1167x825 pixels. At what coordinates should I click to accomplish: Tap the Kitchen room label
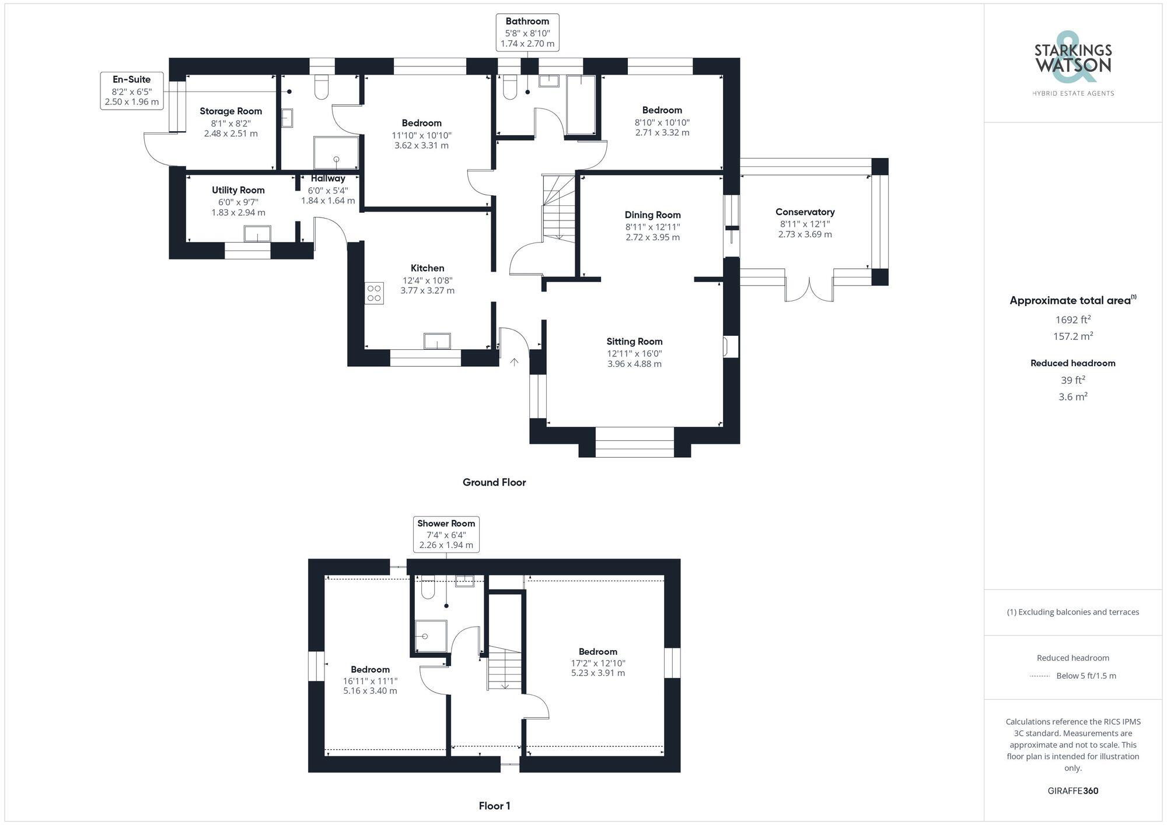click(427, 268)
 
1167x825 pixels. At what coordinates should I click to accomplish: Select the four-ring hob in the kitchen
click(374, 293)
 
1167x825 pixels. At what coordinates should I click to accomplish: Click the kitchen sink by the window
click(437, 340)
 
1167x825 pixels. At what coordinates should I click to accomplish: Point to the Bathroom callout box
click(527, 33)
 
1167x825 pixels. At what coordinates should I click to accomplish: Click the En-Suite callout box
click(131, 90)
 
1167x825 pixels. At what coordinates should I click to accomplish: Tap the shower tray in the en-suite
click(336, 153)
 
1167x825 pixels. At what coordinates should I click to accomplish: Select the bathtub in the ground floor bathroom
click(581, 105)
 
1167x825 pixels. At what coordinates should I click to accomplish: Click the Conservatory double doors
click(809, 289)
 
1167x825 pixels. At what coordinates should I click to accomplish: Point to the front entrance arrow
click(514, 362)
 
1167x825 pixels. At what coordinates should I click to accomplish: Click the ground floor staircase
click(559, 210)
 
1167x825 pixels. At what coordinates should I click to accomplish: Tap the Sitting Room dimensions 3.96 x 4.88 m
click(634, 364)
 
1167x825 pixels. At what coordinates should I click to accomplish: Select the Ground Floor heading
click(494, 482)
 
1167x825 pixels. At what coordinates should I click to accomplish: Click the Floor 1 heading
click(494, 806)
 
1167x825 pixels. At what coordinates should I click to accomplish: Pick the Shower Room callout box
click(446, 534)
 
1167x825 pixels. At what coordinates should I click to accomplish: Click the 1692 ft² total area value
click(1072, 320)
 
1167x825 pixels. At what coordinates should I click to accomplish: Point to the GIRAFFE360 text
click(1072, 791)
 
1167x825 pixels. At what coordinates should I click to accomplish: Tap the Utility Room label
click(238, 190)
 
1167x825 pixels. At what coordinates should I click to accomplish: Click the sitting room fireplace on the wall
click(729, 346)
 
